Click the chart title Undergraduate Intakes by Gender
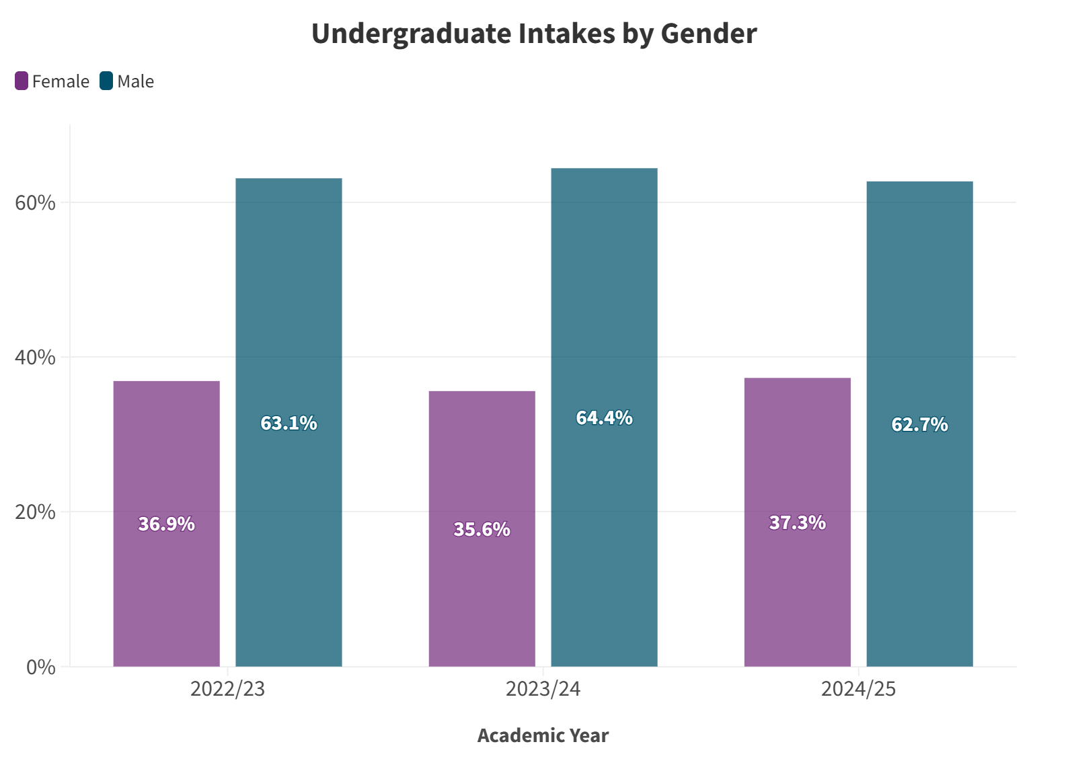tap(534, 34)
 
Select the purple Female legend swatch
tap(22, 81)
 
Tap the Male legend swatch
tap(106, 81)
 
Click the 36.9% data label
tap(166, 524)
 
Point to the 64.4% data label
tap(604, 418)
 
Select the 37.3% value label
tap(797, 522)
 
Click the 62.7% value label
tap(919, 424)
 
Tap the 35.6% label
tap(482, 530)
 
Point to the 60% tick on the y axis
tap(35, 202)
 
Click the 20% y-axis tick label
tap(35, 512)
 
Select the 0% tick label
tap(40, 667)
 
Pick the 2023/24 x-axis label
tap(543, 689)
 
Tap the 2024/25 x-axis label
tap(858, 689)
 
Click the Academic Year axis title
tap(543, 735)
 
